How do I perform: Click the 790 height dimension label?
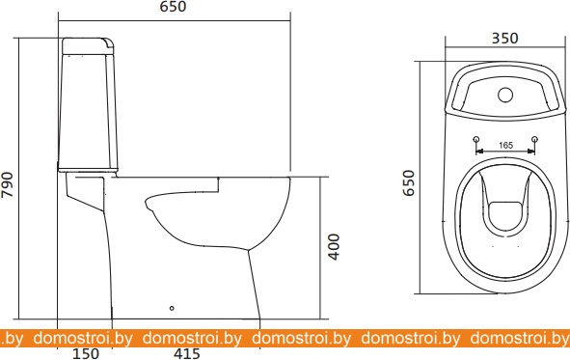8,184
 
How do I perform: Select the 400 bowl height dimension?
334,246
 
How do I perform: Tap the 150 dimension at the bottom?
86,353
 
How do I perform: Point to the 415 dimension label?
186,353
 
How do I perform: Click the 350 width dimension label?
505,39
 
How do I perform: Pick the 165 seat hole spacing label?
505,146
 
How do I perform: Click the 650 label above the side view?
173,7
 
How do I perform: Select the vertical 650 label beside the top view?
409,183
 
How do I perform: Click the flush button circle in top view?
505,95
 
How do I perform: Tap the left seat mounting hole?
476,139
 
